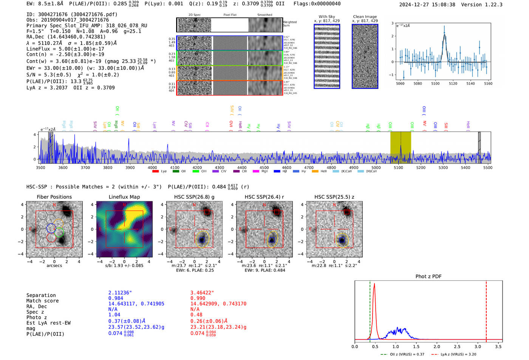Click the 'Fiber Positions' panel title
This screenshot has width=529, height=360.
[x=54, y=197]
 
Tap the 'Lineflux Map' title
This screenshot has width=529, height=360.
[x=124, y=197]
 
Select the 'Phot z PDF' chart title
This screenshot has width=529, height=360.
[x=428, y=277]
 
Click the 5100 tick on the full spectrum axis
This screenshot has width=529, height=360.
[x=398, y=167]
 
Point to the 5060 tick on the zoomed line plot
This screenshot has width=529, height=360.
[x=400, y=83]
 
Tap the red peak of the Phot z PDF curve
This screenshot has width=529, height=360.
[x=374, y=284]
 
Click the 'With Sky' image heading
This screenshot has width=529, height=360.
[x=327, y=17]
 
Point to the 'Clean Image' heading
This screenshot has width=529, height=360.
[x=365, y=17]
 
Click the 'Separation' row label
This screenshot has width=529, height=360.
[x=41, y=295]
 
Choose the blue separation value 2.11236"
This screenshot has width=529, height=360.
[x=120, y=293]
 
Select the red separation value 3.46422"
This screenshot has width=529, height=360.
[x=202, y=293]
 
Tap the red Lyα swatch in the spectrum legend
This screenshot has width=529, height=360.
[x=155, y=172]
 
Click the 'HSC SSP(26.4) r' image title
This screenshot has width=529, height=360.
[x=264, y=197]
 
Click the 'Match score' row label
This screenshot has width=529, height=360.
[x=43, y=301]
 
